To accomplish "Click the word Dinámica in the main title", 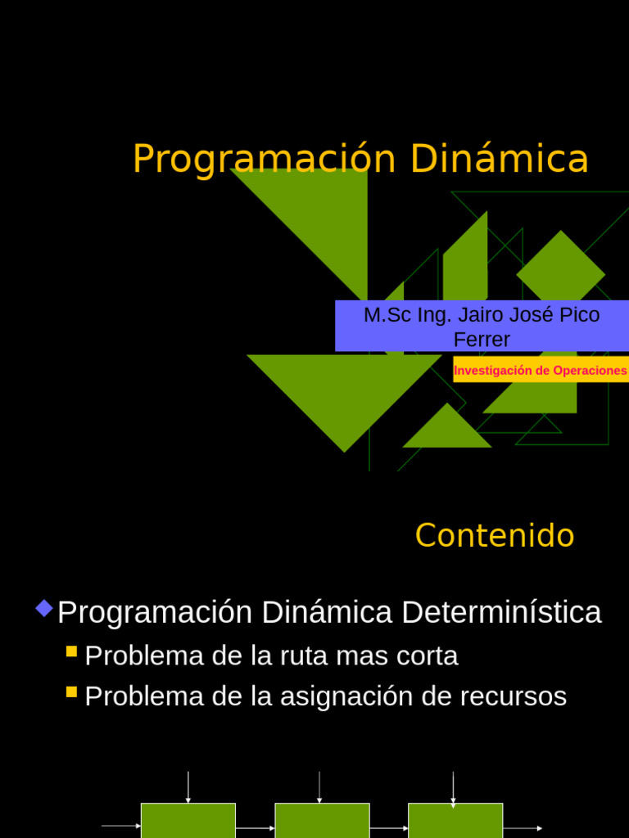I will [x=499, y=159].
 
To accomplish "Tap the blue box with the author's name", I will [x=482, y=326].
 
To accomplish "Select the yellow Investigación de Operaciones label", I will [x=540, y=370].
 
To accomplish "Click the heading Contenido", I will [x=495, y=536].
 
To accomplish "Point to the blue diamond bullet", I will [x=44, y=608].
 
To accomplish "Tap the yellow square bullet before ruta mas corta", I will [x=71, y=651].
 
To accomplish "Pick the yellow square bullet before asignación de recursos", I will [x=71, y=692].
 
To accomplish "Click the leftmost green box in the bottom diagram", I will [x=188, y=821].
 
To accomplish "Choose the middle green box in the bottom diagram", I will [x=322, y=821].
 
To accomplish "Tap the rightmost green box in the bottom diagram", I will [x=455, y=821].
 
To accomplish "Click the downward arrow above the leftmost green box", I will [x=188, y=787].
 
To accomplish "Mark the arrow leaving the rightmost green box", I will [x=523, y=828].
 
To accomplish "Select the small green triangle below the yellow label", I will [x=447, y=428].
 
